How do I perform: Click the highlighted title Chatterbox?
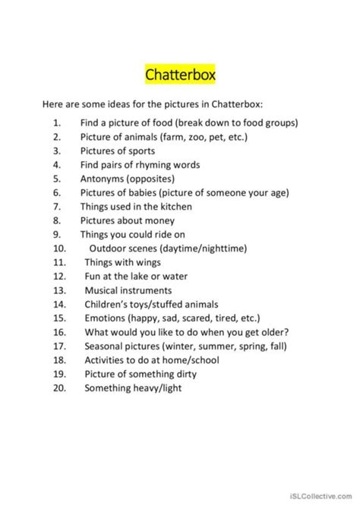tap(179, 76)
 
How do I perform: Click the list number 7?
tap(56, 206)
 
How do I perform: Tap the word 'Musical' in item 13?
tap(102, 289)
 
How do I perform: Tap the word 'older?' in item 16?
tap(280, 332)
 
